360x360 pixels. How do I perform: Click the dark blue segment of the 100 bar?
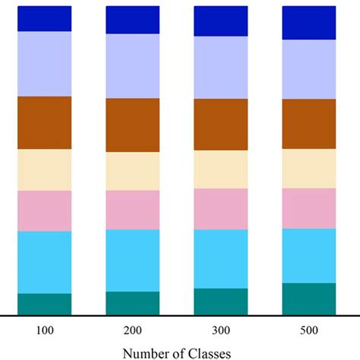(x=44, y=18)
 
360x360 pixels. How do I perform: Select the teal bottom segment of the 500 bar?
(x=309, y=298)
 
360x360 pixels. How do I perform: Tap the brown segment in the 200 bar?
(x=132, y=125)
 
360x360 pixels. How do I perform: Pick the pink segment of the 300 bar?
(x=221, y=209)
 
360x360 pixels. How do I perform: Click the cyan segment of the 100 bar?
(x=44, y=262)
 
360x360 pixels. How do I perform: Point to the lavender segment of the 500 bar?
(x=309, y=69)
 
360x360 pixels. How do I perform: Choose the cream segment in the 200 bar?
(x=132, y=171)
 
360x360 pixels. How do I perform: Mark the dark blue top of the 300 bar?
(x=221, y=21)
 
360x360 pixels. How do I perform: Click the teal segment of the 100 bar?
(x=44, y=304)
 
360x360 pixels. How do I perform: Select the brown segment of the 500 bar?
(x=309, y=124)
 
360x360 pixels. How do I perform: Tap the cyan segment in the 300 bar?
(x=221, y=259)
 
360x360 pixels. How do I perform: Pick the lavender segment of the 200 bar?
(x=132, y=66)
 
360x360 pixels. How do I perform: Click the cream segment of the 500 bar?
(x=309, y=169)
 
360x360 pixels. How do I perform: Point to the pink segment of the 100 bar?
(x=44, y=210)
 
